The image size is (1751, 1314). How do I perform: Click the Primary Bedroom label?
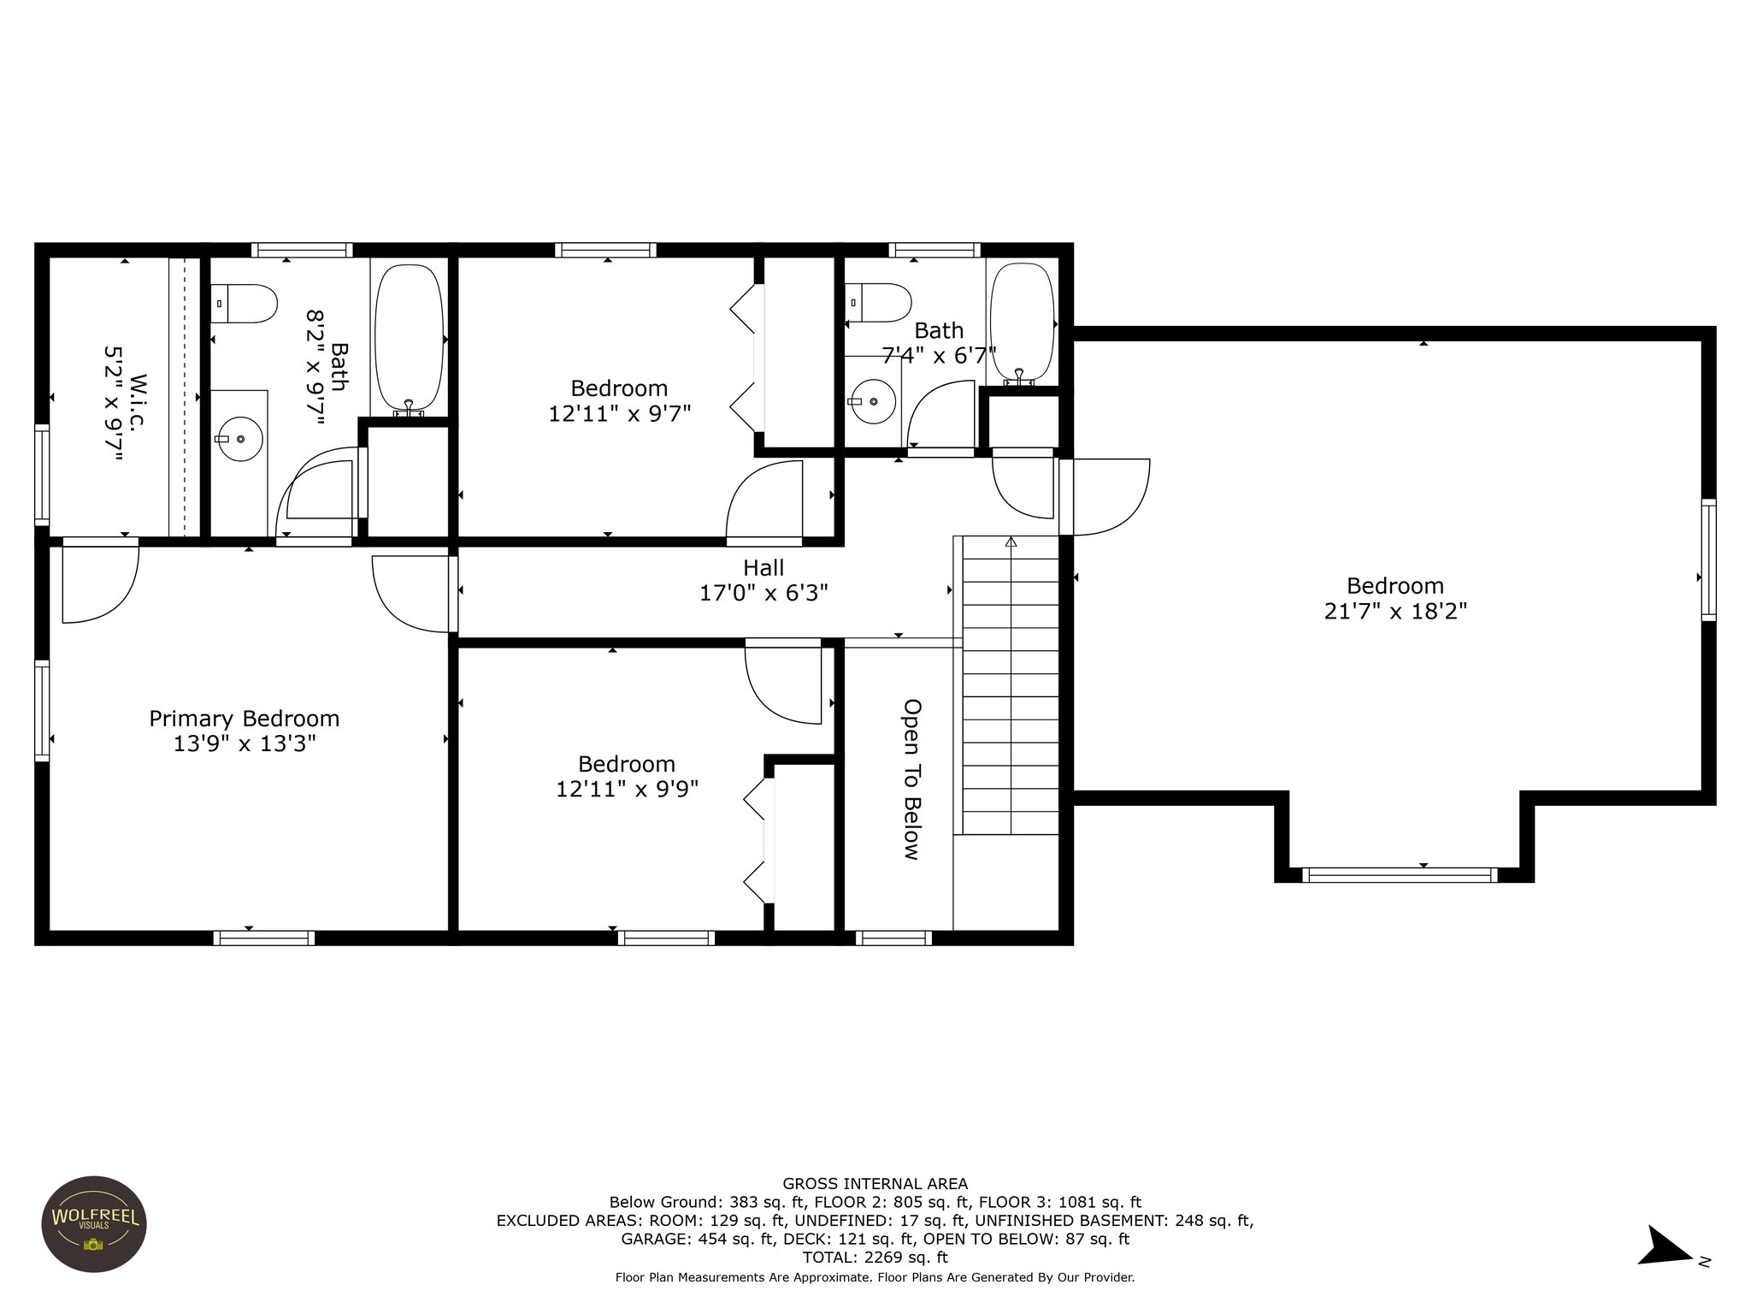[245, 719]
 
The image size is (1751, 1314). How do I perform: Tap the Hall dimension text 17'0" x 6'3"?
[763, 593]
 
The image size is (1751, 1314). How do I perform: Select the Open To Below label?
[912, 779]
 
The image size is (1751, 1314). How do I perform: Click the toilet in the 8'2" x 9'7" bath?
[245, 303]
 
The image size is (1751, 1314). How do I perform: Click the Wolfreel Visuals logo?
[94, 1223]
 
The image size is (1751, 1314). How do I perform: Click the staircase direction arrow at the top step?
[1011, 542]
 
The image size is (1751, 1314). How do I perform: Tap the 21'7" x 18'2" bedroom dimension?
[1395, 612]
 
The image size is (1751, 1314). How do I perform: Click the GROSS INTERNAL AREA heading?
[875, 1184]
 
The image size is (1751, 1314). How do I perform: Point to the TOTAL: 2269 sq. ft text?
[875, 1258]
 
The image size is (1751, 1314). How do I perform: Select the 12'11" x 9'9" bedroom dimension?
[628, 789]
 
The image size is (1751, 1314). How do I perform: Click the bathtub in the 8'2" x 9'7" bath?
[410, 338]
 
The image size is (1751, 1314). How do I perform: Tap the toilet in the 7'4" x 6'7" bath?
[878, 303]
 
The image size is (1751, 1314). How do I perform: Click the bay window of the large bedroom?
[1400, 875]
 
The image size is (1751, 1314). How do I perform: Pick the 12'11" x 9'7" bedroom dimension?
[620, 414]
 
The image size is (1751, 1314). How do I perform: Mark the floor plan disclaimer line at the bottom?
[875, 1278]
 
